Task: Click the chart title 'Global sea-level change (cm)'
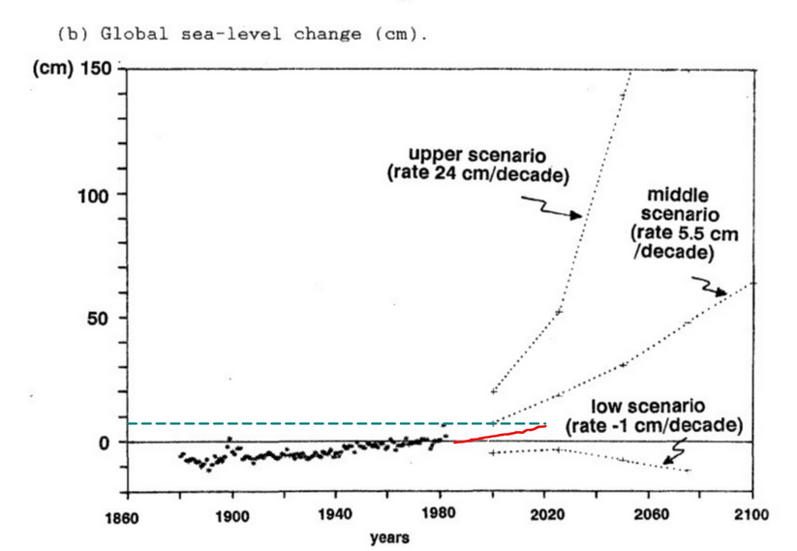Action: click(242, 33)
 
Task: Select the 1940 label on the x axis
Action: click(335, 515)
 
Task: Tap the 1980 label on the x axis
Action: click(441, 515)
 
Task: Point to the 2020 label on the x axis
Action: click(544, 515)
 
